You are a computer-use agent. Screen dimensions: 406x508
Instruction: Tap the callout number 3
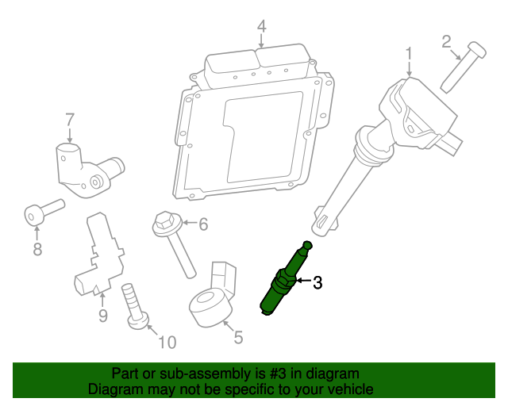coord(317,282)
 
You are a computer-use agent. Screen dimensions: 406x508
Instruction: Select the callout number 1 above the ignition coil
coord(409,54)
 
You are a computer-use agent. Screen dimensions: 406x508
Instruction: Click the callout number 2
coord(446,40)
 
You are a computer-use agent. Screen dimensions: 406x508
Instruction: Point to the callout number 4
coord(261,29)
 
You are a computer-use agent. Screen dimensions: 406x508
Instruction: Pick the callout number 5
coord(237,338)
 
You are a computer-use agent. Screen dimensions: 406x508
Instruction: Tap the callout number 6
coord(202,225)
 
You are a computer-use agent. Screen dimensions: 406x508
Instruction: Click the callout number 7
coord(70,120)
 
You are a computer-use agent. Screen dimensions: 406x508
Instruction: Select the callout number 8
coord(37,251)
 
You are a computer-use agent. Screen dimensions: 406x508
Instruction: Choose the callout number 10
coord(167,343)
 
